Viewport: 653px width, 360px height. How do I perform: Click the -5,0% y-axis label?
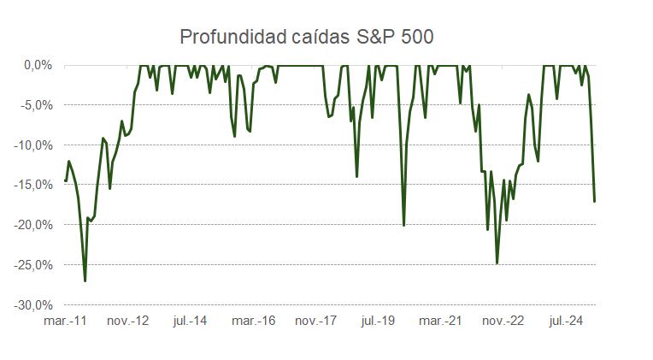38,105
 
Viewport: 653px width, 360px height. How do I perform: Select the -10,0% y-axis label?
35,145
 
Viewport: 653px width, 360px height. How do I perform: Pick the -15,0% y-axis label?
35,185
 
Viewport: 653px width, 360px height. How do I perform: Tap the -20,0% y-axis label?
35,225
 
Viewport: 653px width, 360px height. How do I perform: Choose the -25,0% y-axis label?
35,265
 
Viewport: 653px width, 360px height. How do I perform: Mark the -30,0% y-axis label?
35,305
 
